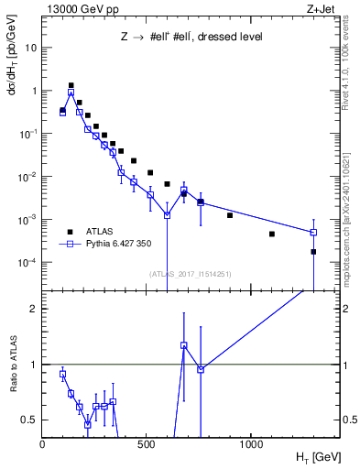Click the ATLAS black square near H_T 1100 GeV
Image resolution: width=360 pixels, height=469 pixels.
point(272,234)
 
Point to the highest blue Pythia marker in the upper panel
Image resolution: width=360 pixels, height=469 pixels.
point(71,93)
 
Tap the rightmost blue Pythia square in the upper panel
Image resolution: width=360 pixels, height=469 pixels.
point(313,232)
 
